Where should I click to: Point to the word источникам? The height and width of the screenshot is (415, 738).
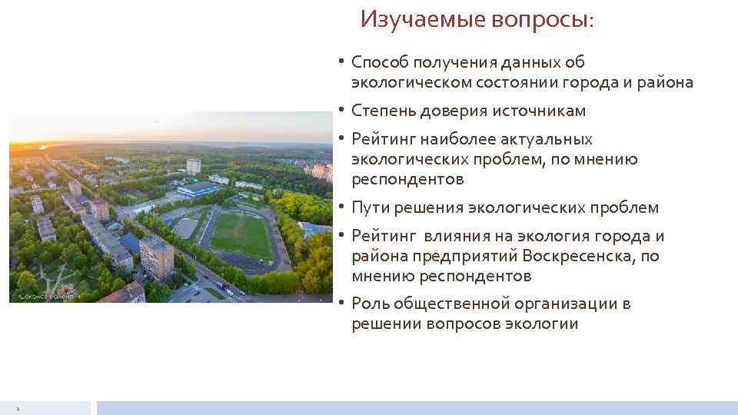point(537,111)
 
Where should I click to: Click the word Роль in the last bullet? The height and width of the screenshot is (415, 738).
point(371,304)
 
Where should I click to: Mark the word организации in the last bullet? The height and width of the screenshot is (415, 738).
point(560,304)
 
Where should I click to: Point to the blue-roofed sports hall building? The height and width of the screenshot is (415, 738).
point(198,188)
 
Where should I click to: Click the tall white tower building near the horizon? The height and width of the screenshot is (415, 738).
point(194,165)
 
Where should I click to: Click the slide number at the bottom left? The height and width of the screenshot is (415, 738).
point(17,408)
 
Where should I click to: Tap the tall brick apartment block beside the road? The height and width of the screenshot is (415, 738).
point(157,257)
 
